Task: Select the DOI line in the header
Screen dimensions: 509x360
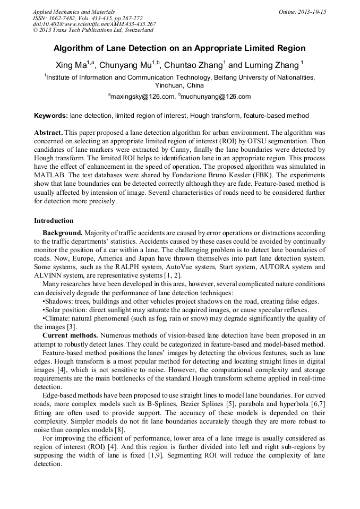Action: pyautogui.click(x=94, y=24)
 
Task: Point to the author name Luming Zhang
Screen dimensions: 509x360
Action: pyautogui.click(x=272, y=65)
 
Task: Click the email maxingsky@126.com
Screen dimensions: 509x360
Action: pyautogui.click(x=143, y=97)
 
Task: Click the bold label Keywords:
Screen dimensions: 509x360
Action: pyautogui.click(x=51, y=116)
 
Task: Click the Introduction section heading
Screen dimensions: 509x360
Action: pyautogui.click(x=54, y=221)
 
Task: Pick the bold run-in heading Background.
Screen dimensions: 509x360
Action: pyautogui.click(x=62, y=233)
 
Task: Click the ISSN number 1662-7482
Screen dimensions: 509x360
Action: pyautogui.click(x=62, y=18)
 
